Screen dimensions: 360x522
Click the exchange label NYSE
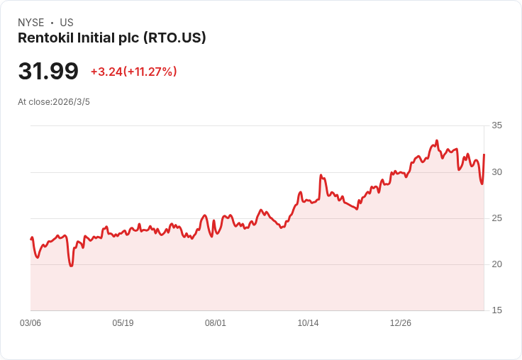coord(30,23)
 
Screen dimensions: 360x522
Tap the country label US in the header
coord(67,23)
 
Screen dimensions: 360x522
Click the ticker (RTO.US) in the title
coord(174,38)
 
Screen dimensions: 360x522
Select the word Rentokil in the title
coord(45,38)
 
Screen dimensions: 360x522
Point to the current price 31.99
coord(48,72)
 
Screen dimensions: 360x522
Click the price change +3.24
coord(106,72)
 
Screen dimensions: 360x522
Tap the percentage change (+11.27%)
coord(150,72)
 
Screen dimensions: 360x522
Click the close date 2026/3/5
coord(71,102)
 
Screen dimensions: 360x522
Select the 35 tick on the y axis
coord(496,125)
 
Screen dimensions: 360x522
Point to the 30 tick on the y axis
coord(496,172)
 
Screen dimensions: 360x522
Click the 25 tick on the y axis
coord(496,218)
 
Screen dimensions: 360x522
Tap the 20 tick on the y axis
coord(496,264)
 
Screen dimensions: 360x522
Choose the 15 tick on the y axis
coord(496,310)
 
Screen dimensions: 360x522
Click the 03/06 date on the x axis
coord(30,323)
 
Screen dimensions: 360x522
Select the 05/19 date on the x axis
coord(123,323)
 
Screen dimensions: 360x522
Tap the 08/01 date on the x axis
coord(216,323)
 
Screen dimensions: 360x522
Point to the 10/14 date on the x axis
coord(308,323)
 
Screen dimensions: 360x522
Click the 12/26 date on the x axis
coord(401,323)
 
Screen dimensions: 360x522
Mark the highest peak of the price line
coord(437,141)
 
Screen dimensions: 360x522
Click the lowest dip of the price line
coord(71,266)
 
